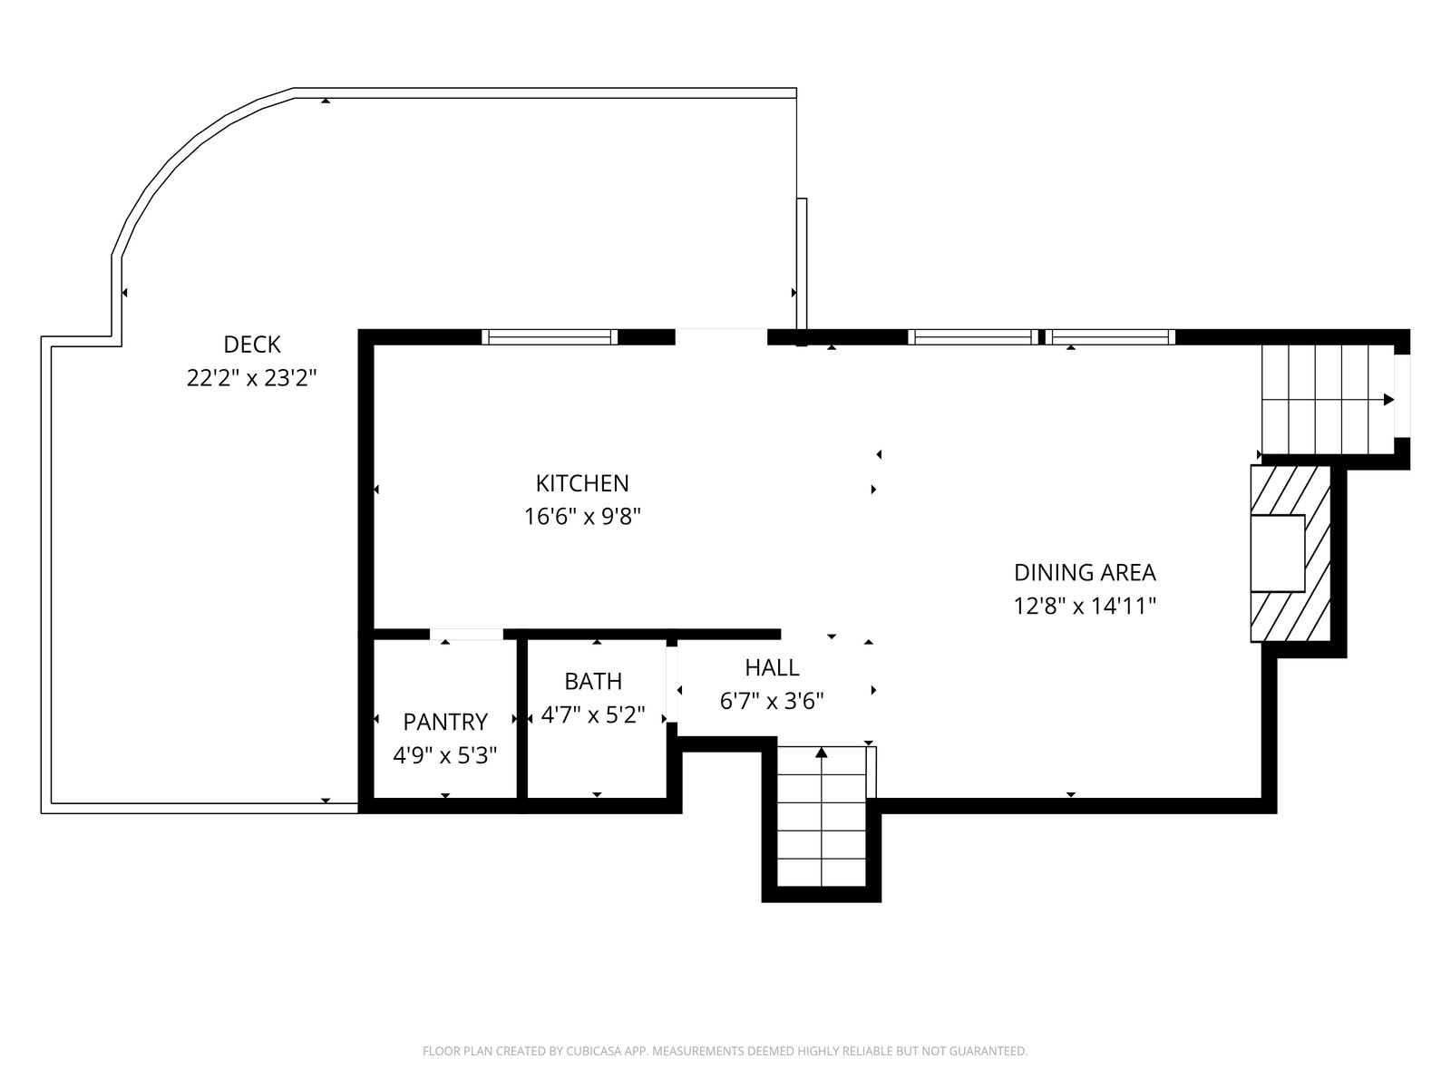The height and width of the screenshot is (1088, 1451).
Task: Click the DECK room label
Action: click(x=252, y=345)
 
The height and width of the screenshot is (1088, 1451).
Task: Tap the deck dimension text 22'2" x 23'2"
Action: click(x=252, y=378)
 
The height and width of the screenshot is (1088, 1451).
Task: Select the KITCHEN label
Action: click(x=581, y=483)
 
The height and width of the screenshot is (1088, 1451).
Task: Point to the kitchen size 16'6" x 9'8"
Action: click(x=582, y=517)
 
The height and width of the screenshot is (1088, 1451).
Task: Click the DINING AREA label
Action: click(x=1085, y=572)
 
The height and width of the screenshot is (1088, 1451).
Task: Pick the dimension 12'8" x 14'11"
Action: click(x=1085, y=606)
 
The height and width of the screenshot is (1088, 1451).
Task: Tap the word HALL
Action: click(x=772, y=668)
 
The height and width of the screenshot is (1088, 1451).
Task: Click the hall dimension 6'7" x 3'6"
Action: click(x=772, y=701)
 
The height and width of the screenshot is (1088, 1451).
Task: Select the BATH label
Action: click(x=593, y=681)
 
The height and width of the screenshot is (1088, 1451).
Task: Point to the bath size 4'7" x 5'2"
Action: click(x=593, y=714)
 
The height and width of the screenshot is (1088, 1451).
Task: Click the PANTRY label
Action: click(x=445, y=722)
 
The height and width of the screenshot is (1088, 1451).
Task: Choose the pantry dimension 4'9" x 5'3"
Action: click(x=445, y=755)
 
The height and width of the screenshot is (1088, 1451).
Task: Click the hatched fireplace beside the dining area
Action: click(x=1290, y=553)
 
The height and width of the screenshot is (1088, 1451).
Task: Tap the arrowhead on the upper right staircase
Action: click(x=1388, y=400)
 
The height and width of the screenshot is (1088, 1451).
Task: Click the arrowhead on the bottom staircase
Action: click(x=821, y=752)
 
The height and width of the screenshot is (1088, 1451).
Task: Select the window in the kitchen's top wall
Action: click(x=550, y=337)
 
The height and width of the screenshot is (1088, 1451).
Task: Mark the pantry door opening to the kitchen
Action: click(x=466, y=635)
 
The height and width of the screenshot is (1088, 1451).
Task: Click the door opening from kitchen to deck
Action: click(x=721, y=337)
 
